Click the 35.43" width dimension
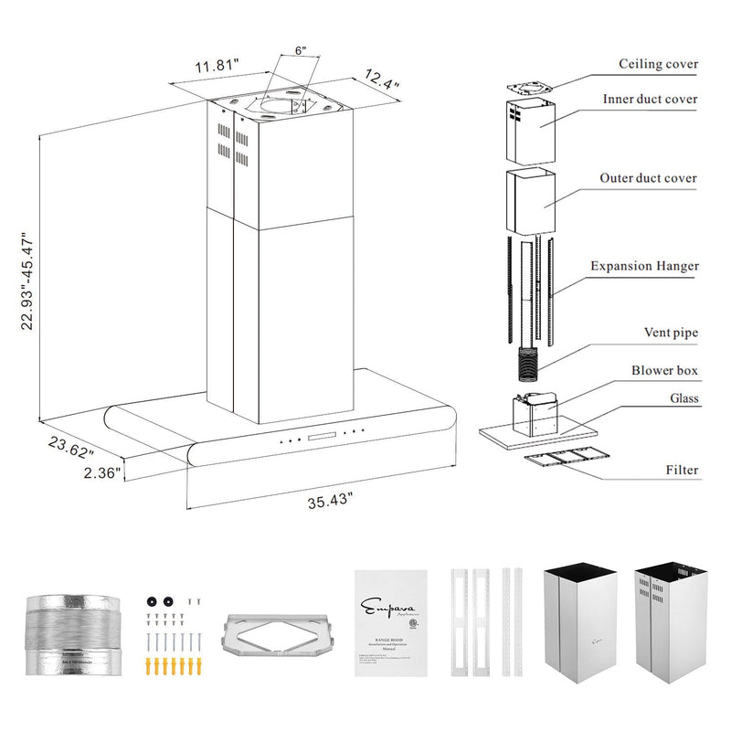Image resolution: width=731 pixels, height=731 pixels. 330,502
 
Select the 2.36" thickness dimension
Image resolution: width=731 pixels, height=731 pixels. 101,473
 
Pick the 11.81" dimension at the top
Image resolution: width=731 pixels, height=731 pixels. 216,66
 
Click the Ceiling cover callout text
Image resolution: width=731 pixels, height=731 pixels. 658,64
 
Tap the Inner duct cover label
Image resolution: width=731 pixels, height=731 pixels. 650,99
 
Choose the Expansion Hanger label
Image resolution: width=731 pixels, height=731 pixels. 644,266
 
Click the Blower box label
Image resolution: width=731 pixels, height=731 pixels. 664,371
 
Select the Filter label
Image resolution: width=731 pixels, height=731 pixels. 682,471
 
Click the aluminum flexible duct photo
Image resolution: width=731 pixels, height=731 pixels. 71,632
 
